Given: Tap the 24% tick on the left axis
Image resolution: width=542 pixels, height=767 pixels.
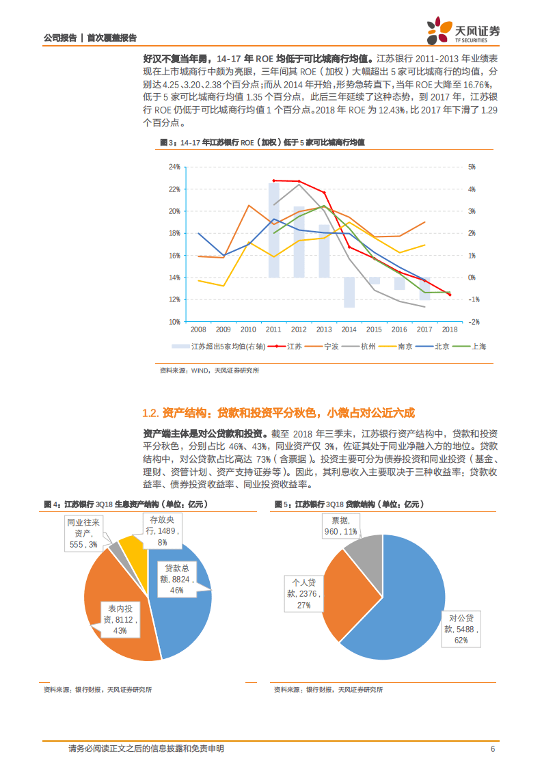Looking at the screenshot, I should pos(174,167).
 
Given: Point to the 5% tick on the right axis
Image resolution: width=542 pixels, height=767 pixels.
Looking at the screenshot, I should pos(471,167).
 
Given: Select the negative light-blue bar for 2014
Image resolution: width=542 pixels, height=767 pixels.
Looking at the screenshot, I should pos(349,292).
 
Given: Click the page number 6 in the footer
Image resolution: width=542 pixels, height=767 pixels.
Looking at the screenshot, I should pos(492,749).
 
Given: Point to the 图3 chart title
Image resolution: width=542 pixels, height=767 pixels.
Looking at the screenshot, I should pos(262,142).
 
